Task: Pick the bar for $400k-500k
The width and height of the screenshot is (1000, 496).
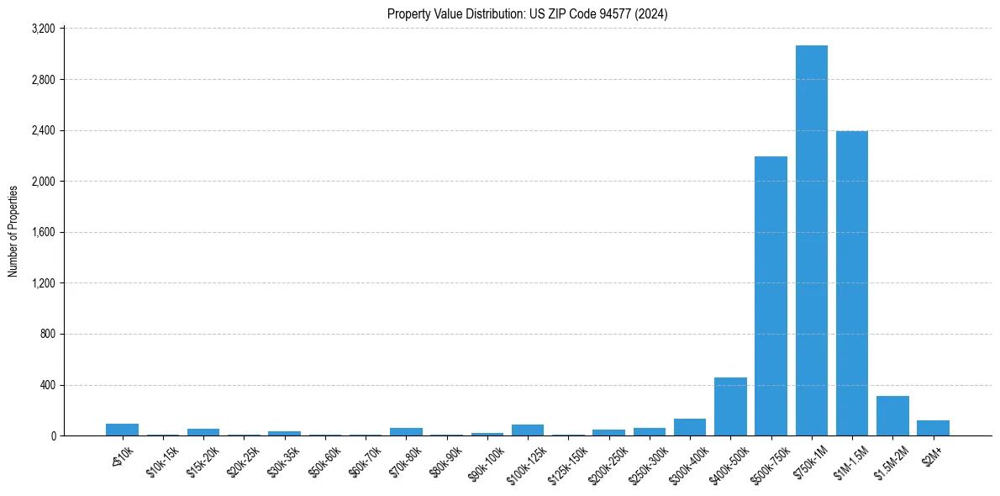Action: pos(730,407)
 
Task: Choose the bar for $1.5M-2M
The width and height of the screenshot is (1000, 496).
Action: pos(892,416)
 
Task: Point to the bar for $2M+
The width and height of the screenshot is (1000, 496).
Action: pos(933,428)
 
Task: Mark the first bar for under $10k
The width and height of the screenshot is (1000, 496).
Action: pos(122,430)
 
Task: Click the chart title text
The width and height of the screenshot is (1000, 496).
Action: pos(527,13)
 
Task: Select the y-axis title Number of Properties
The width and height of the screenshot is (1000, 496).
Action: pos(13,231)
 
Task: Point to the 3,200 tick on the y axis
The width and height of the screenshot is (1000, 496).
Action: pos(43,29)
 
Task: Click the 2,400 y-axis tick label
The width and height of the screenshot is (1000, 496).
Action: pos(43,130)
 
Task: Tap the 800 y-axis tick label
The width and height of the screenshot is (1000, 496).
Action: pos(47,335)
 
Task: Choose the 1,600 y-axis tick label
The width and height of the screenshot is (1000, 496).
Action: pos(43,233)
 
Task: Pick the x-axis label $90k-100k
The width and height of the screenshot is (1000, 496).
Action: pos(487,460)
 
